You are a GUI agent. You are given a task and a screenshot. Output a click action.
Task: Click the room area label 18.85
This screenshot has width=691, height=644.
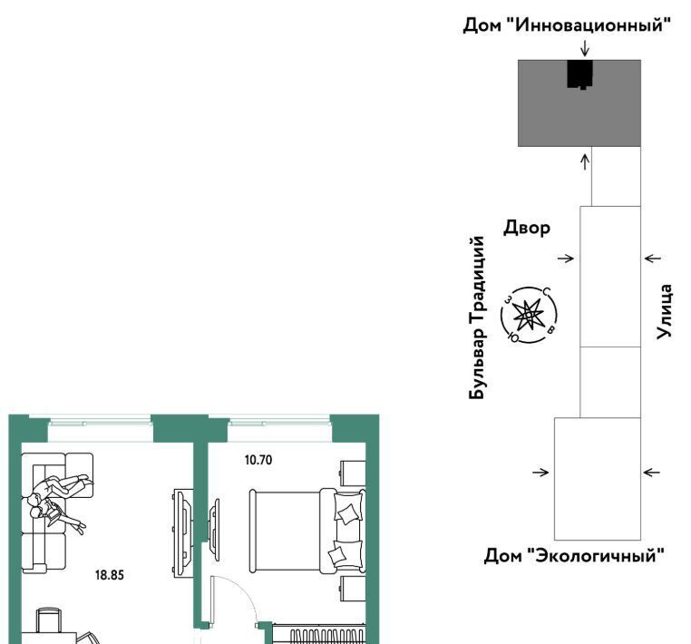point(110,575)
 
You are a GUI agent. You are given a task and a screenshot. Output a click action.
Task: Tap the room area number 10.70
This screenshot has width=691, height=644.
point(258,460)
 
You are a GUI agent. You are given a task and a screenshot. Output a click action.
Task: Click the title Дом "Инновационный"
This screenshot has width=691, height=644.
point(567,25)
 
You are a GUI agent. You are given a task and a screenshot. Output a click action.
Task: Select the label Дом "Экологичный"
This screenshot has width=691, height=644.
point(574,555)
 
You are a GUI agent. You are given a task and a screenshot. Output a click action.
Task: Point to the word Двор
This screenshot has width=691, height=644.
point(527,228)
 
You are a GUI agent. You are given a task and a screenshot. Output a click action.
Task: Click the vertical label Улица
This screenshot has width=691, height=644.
point(664,312)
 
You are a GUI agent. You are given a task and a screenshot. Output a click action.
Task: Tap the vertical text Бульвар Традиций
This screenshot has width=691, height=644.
point(478,317)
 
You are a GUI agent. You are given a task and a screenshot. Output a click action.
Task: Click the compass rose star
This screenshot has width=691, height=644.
point(528,315)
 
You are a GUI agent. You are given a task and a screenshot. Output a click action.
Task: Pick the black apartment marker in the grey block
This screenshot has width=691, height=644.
point(580,74)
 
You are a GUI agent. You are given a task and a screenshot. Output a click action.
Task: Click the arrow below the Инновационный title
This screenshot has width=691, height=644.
point(585,48)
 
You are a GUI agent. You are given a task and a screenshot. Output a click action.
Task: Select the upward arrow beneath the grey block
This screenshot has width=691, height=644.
point(585,161)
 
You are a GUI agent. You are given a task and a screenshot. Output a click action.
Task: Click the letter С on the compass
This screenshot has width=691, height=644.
point(547,291)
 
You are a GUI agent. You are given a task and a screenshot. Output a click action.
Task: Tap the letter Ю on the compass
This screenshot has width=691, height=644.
point(513,337)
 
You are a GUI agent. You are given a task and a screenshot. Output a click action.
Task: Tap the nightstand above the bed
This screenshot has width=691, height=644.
point(353,473)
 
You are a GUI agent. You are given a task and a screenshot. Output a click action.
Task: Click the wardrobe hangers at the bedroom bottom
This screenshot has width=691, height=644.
point(326,637)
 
